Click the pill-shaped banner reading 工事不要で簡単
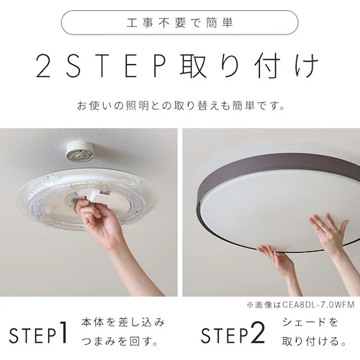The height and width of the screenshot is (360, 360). pyautogui.click(x=179, y=23)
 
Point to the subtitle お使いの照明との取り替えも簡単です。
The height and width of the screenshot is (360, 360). pyautogui.click(x=180, y=106)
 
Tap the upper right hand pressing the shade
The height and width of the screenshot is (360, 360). pyautogui.click(x=328, y=234)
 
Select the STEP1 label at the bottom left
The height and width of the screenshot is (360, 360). pyautogui.click(x=40, y=335)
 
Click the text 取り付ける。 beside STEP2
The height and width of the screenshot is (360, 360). pyautogui.click(x=310, y=343)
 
